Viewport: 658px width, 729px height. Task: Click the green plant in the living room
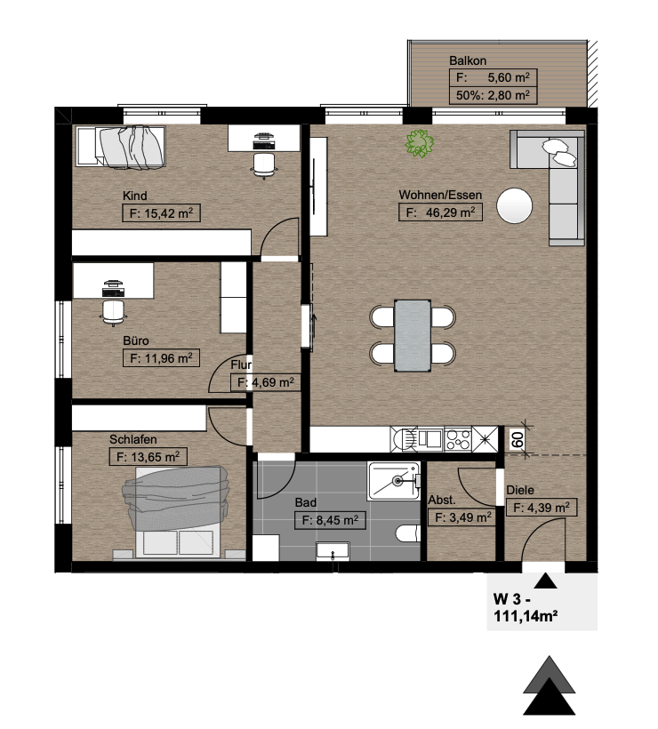tap(420, 143)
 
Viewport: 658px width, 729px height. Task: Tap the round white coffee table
tap(514, 205)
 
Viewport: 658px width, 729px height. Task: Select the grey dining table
tap(413, 336)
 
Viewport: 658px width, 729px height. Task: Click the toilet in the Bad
tap(408, 533)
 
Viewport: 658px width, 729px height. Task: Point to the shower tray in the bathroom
tap(393, 481)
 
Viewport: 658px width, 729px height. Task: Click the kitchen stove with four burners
tap(458, 439)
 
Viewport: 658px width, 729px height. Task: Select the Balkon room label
tap(468, 60)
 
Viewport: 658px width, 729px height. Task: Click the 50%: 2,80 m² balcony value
tap(493, 95)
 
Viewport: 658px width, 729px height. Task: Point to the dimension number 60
tap(518, 440)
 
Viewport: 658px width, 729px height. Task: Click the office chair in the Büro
tap(113, 311)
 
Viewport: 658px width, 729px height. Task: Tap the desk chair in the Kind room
tap(264, 164)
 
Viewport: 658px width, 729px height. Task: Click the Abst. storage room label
tap(442, 501)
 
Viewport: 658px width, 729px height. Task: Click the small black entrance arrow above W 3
tap(545, 581)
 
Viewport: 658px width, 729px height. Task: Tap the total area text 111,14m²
tap(526, 616)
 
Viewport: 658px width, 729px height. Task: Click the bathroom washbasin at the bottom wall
tap(333, 551)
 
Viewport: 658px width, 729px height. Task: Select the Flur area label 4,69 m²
tap(266, 382)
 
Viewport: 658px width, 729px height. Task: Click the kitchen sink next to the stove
tap(430, 439)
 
